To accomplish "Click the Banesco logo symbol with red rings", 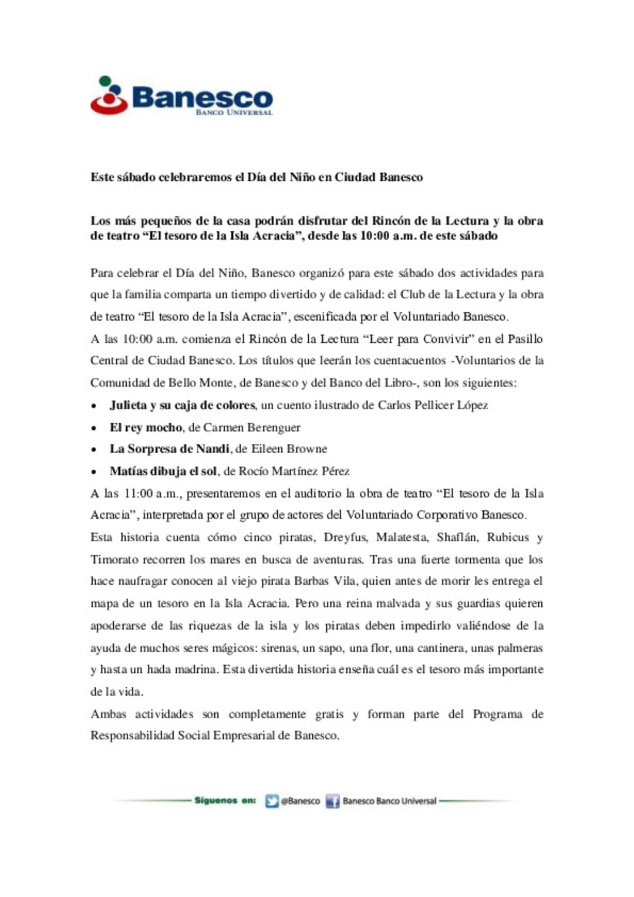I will click(x=109, y=96).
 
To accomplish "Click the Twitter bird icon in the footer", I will click(x=271, y=801).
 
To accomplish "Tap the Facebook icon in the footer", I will click(x=332, y=801).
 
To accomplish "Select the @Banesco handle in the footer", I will click(x=301, y=801).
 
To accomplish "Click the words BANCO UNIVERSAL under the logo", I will click(x=234, y=112).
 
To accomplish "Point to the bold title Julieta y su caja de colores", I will click(x=182, y=405).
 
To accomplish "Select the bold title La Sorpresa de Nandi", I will click(x=169, y=449).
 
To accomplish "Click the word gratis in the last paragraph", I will click(x=329, y=714).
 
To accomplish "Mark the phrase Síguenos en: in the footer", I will click(x=225, y=801).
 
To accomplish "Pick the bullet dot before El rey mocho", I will click(x=94, y=428).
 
